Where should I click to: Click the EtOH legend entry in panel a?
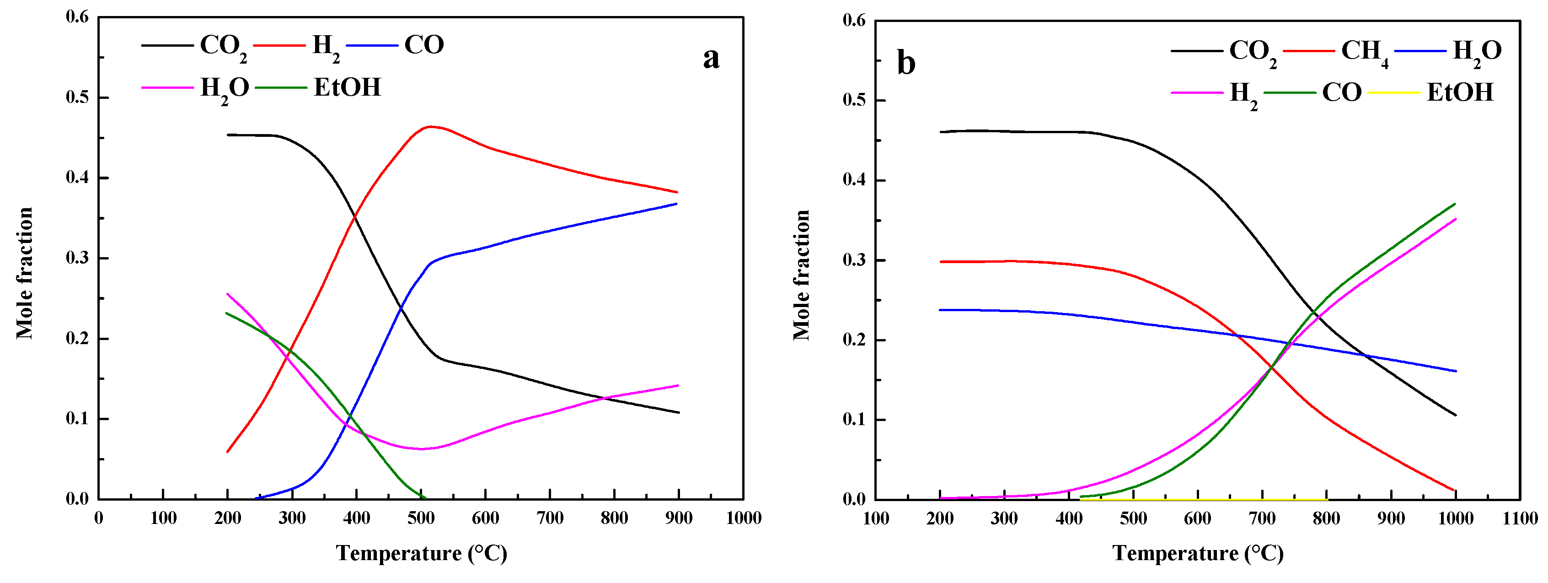tap(347, 88)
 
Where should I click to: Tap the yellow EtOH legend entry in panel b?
tap(1459, 92)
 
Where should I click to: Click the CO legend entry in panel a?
tap(423, 45)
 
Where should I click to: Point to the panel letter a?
tap(711, 58)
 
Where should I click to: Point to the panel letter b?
tap(905, 63)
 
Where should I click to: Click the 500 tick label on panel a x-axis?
tap(421, 518)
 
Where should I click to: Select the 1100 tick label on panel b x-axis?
tap(1520, 518)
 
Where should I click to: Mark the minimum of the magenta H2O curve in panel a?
tap(421, 449)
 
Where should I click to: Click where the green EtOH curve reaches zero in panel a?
tap(425, 498)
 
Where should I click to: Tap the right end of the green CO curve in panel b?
tap(1455, 204)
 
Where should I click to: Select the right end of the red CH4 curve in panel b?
tap(1454, 491)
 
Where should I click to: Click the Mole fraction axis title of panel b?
tap(802, 275)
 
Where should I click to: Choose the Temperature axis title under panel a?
tap(421, 553)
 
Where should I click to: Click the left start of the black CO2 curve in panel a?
tap(228, 135)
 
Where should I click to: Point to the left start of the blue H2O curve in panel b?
tap(940, 310)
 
